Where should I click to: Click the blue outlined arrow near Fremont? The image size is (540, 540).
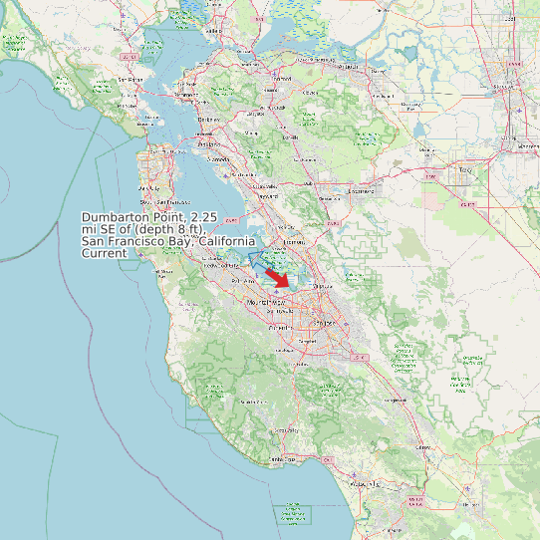pyautogui.click(x=264, y=260)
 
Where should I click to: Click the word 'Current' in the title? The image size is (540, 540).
pyautogui.click(x=105, y=253)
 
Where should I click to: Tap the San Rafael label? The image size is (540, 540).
pyautogui.click(x=130, y=80)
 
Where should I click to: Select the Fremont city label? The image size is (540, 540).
pyautogui.click(x=294, y=241)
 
